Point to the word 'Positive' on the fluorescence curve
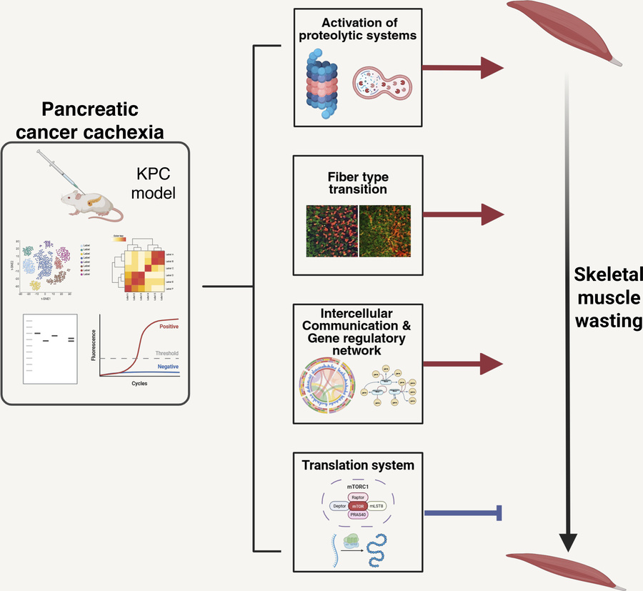click(165, 327)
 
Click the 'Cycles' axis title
click(139, 383)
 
